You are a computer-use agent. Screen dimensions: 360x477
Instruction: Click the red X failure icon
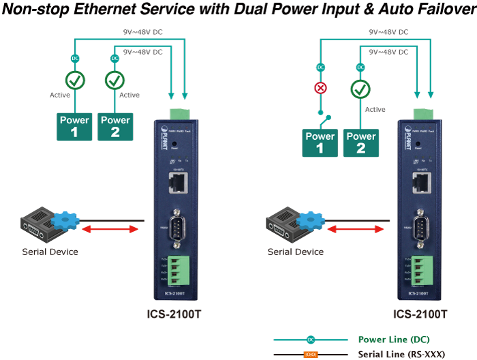point(320,89)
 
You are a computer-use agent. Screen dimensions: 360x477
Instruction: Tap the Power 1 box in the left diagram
point(74,126)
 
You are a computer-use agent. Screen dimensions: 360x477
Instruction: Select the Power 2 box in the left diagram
point(115,126)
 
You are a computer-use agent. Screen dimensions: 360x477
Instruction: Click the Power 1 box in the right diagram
point(320,142)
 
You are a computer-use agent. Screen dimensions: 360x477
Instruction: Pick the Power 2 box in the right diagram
point(360,142)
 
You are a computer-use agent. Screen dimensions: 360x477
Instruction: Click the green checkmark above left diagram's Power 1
point(74,81)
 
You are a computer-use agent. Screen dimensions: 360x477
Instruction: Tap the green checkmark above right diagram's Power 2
point(360,89)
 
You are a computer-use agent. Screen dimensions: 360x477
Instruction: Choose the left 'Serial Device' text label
point(50,252)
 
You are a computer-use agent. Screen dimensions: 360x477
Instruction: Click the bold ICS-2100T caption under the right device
point(420,315)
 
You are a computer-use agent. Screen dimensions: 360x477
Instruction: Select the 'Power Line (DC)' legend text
point(393,340)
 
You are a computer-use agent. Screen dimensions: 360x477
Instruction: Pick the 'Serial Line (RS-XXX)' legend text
point(400,355)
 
